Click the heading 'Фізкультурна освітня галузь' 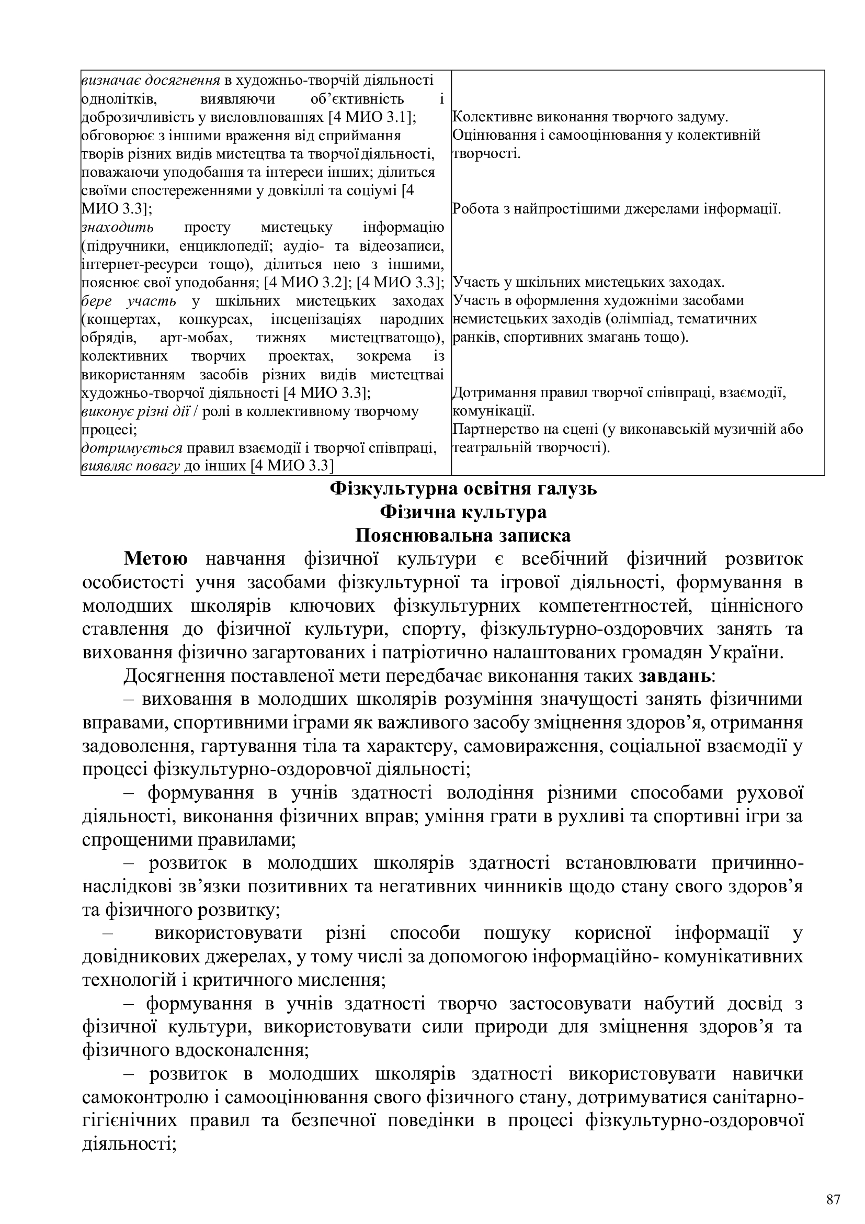tap(463, 488)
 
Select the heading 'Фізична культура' tap(463, 512)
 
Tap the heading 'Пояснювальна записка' tap(463, 535)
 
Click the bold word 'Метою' tap(155, 559)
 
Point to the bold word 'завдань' tap(675, 676)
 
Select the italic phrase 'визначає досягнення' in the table tap(151, 81)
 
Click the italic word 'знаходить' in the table tap(118, 228)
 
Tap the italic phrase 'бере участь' tap(129, 301)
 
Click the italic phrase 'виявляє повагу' tap(131, 466)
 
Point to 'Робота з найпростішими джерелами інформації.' tap(616, 209)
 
